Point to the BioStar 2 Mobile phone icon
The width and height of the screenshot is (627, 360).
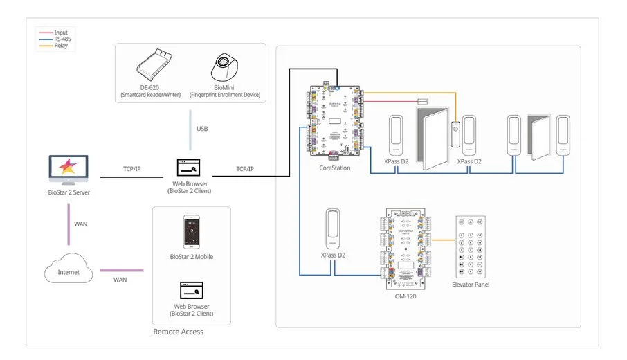pos(191,232)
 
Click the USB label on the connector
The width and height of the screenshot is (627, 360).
pos(201,129)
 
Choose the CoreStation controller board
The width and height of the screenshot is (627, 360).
pos(334,122)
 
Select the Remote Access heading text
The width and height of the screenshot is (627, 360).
pos(179,332)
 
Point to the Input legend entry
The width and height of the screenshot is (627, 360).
pos(61,33)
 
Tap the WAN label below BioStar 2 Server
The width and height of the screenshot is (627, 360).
pos(81,224)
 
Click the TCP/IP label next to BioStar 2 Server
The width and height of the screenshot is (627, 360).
pos(132,169)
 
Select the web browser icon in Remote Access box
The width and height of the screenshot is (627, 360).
pos(191,289)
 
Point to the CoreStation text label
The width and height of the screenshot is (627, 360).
pos(334,168)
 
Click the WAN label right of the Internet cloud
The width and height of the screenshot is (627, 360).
pos(120,279)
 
